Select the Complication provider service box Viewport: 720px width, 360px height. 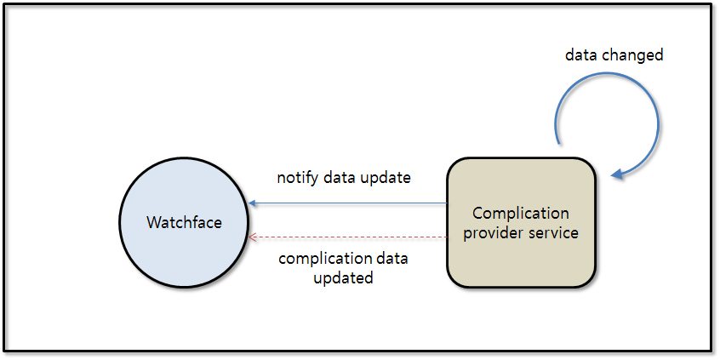click(520, 255)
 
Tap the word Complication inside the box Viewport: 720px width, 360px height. click(521, 213)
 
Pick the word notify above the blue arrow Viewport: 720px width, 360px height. click(295, 178)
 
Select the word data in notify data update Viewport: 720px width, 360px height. click(337, 178)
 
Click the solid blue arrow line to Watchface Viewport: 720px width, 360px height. click(349, 203)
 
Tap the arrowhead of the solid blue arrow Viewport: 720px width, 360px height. click(253, 203)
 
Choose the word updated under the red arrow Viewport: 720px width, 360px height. click(343, 277)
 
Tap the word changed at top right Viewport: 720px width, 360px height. click(632, 55)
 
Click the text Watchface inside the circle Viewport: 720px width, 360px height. click(184, 223)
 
